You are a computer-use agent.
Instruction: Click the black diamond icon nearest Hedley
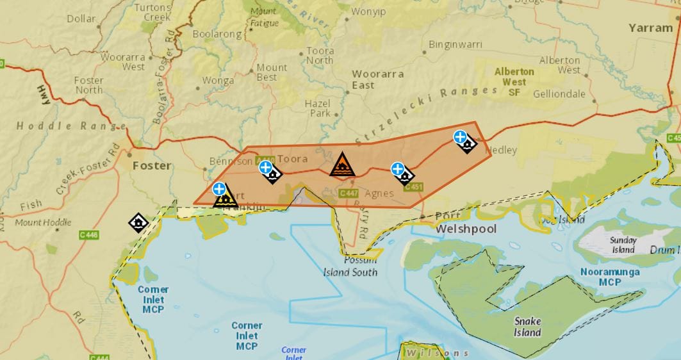pyautogui.click(x=468, y=143)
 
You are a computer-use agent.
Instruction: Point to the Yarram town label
pyautogui.click(x=650, y=28)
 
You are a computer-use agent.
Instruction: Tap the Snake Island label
pyautogui.click(x=527, y=327)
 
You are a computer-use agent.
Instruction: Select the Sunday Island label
pyautogui.click(x=623, y=245)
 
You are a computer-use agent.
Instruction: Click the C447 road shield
pyautogui.click(x=349, y=193)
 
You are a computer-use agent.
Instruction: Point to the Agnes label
pyautogui.click(x=379, y=193)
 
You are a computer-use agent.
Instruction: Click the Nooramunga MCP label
pyautogui.click(x=610, y=277)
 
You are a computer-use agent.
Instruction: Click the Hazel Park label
pyautogui.click(x=318, y=108)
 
